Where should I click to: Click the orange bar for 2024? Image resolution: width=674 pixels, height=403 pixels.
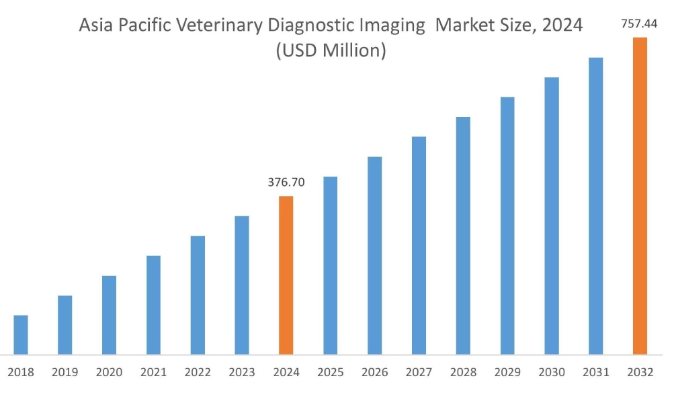(x=286, y=275)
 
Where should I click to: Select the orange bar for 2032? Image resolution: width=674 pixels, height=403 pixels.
(x=640, y=195)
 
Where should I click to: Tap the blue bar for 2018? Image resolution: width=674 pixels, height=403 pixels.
(x=21, y=334)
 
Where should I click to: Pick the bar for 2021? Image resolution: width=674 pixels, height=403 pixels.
(x=153, y=305)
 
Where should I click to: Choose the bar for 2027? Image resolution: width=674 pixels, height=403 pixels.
(x=419, y=245)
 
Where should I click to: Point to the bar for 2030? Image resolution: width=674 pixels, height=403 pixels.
(x=552, y=216)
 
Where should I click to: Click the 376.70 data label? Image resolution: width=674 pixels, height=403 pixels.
(x=286, y=182)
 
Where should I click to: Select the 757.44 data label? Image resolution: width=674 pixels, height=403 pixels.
(x=640, y=24)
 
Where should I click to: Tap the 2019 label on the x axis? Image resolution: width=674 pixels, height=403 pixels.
(x=65, y=372)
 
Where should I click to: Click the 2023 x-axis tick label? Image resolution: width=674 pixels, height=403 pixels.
(x=242, y=372)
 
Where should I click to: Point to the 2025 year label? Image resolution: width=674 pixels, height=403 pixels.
(x=330, y=372)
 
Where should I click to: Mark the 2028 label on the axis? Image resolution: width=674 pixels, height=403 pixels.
(x=463, y=372)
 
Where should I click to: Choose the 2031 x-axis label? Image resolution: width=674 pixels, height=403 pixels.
(x=595, y=372)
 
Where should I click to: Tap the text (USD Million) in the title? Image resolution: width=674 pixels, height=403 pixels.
(x=331, y=50)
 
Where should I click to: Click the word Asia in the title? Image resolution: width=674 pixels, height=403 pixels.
(x=96, y=26)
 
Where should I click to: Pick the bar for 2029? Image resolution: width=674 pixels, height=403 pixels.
(x=507, y=226)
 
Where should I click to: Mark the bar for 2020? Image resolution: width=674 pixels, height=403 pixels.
(x=109, y=315)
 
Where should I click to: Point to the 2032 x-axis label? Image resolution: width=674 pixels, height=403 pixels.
(x=640, y=372)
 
